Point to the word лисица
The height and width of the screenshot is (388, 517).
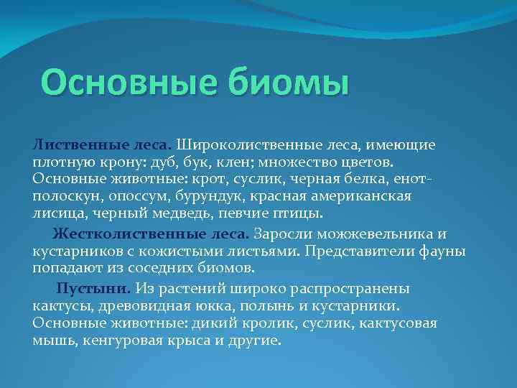(56, 213)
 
